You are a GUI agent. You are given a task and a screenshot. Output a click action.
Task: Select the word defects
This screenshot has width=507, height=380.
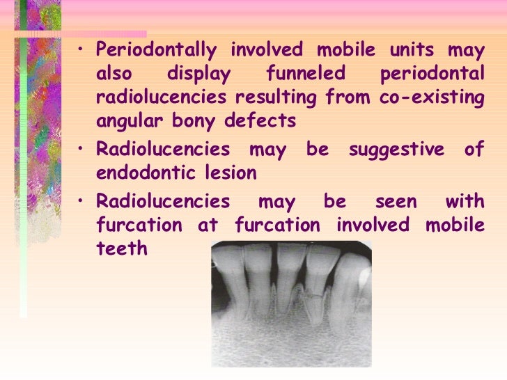(261, 122)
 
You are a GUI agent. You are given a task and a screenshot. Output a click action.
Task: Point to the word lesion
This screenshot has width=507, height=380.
(233, 172)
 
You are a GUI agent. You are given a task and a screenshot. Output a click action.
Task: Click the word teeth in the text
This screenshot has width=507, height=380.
(122, 248)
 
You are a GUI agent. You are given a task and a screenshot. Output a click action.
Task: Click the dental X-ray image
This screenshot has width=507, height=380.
(291, 303)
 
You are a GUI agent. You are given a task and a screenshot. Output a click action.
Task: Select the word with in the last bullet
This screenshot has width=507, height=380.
(465, 202)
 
